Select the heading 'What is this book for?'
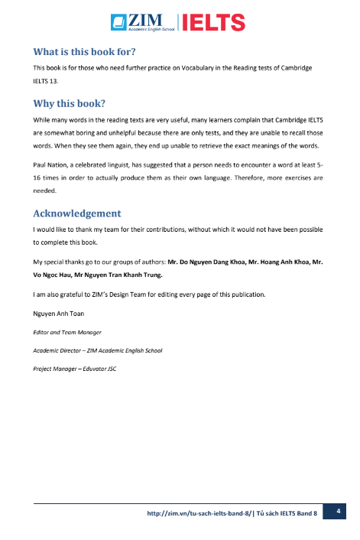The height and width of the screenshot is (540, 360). pos(84,52)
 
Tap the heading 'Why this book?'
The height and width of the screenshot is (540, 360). pos(69,103)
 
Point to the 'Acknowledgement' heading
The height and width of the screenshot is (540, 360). pos(76,213)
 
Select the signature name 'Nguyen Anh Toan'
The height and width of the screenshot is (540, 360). pos(59,313)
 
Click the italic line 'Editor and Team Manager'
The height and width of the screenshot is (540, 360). pos(68,332)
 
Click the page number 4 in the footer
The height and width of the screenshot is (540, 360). pos(336,511)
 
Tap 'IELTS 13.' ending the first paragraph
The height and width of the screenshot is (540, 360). pos(46,81)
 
